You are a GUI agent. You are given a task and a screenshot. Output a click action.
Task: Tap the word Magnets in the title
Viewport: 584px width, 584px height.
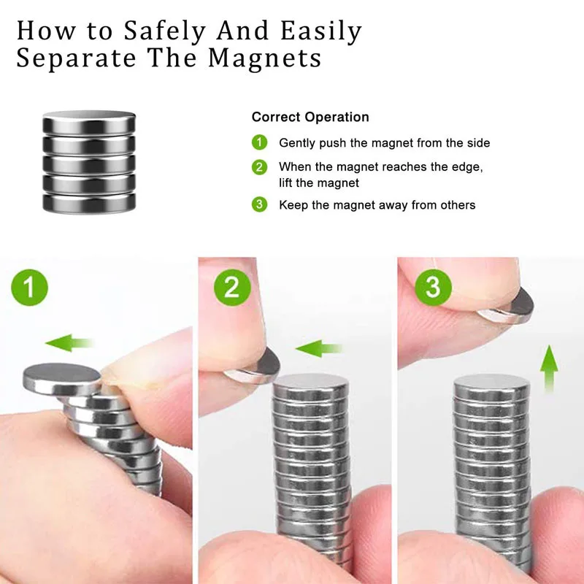point(265,58)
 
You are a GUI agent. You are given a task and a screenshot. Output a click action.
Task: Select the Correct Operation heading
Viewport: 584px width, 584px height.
point(310,117)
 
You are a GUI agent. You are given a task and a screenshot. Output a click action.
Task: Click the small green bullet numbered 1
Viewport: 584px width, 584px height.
point(259,143)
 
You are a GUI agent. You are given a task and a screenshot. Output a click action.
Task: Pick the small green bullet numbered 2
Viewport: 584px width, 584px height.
point(259,167)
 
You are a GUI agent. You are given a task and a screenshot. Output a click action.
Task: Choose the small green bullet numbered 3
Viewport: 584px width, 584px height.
point(259,205)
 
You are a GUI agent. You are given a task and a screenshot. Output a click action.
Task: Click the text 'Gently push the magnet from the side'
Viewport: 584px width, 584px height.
point(384,143)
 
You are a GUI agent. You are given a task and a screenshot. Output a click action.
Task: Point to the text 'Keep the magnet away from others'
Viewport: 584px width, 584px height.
point(377,205)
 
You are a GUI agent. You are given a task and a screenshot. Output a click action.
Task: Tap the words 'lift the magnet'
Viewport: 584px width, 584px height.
point(319,183)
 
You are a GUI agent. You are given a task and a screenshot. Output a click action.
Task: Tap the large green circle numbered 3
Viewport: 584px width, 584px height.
point(433,287)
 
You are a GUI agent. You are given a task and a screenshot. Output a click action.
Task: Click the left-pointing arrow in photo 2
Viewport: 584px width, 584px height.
point(319,347)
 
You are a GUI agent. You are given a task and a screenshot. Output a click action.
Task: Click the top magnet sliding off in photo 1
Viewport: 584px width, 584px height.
point(61,376)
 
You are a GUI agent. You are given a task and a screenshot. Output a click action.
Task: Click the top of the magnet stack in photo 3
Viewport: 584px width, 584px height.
point(490,385)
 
